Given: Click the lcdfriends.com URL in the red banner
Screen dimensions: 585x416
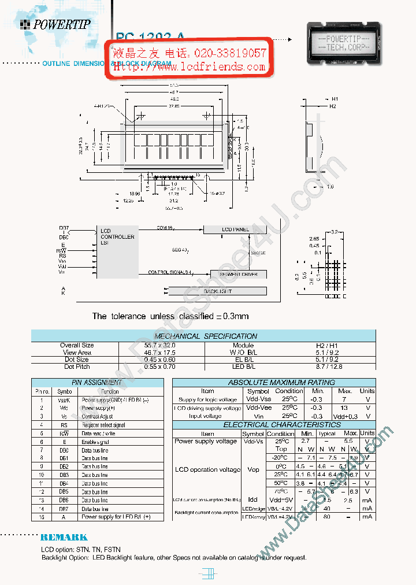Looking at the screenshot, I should pyautogui.click(x=190, y=67).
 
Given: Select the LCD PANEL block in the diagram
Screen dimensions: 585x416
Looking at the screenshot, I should pyautogui.click(x=236, y=229).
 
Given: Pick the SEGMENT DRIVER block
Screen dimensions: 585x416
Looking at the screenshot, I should pyautogui.click(x=238, y=274).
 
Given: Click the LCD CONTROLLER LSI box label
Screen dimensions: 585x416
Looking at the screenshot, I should pyautogui.click(x=117, y=237).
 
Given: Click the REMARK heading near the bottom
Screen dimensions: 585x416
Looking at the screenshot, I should pyautogui.click(x=64, y=538).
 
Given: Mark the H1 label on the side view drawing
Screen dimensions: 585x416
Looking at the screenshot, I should pyautogui.click(x=335, y=99).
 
